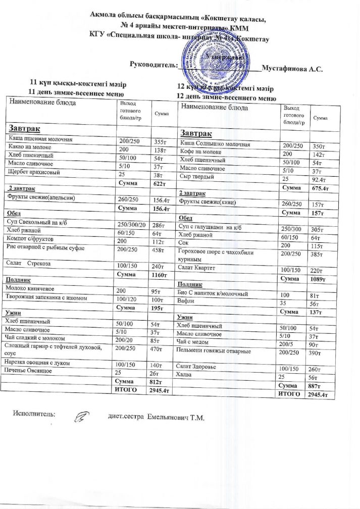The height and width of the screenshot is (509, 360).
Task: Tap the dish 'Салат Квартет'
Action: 201,268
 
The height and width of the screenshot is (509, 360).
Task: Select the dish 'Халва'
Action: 190,375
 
